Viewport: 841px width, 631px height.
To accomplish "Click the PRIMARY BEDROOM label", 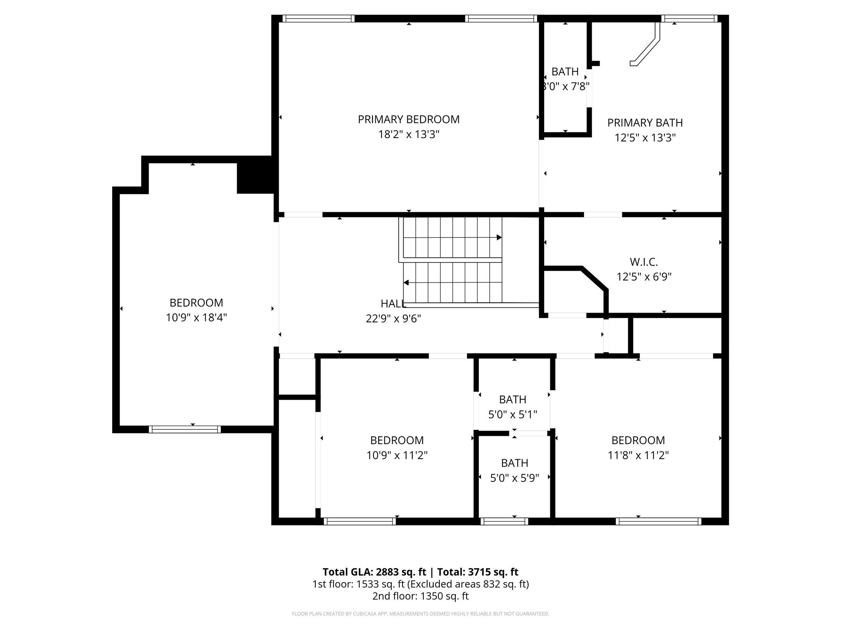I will pyautogui.click(x=408, y=120).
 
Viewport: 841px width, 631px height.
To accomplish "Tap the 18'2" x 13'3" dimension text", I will pyautogui.click(x=408, y=135).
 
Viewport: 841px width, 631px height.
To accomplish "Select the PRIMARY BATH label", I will pyautogui.click(x=645, y=123).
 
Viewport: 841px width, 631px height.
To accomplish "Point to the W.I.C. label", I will pyautogui.click(x=643, y=262).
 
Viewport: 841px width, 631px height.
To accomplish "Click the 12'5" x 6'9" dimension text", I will pyautogui.click(x=643, y=277).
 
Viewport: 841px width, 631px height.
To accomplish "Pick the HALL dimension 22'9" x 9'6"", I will pyautogui.click(x=393, y=319).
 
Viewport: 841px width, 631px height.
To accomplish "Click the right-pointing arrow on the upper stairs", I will pyautogui.click(x=499, y=237).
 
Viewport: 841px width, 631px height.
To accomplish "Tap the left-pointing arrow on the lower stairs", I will pyautogui.click(x=406, y=283).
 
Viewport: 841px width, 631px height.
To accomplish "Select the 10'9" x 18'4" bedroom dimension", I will pyautogui.click(x=196, y=318).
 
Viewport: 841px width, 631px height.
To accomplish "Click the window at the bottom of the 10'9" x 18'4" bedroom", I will pyautogui.click(x=184, y=429).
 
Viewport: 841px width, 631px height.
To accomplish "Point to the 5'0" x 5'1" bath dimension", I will pyautogui.click(x=512, y=415).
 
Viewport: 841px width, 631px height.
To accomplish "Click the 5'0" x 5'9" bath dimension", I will pyautogui.click(x=514, y=478).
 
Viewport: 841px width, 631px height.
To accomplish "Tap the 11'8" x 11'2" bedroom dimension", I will pyautogui.click(x=638, y=455).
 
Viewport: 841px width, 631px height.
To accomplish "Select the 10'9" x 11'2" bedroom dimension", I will pyautogui.click(x=397, y=455).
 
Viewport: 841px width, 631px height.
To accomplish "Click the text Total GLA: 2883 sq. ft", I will pyautogui.click(x=374, y=572).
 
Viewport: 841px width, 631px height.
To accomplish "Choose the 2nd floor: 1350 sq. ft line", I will pyautogui.click(x=420, y=596).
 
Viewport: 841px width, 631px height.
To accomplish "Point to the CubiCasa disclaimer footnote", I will pyautogui.click(x=420, y=614).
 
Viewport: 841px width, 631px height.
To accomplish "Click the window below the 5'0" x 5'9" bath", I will pyautogui.click(x=504, y=521).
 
